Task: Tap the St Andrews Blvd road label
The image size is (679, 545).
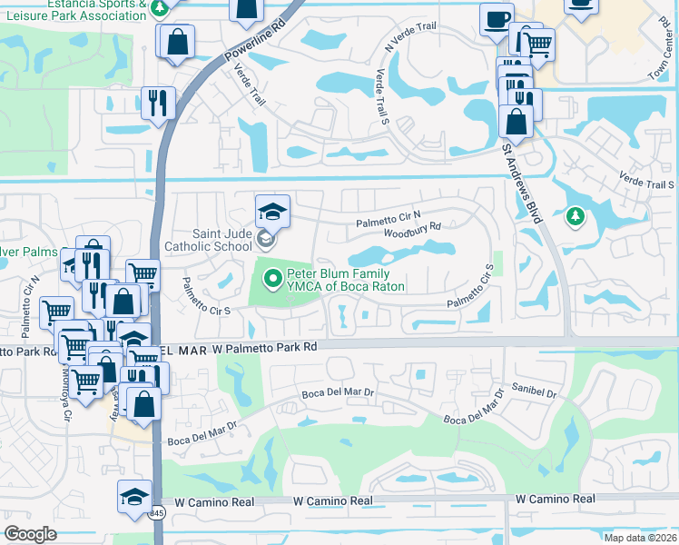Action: coord(522,183)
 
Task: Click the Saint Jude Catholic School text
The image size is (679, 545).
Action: coord(209,240)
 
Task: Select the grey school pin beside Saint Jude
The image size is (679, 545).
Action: coord(265,240)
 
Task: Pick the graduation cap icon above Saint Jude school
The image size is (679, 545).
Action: coord(272,212)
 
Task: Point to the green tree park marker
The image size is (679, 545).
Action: coord(574,216)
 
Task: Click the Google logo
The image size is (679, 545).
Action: coord(30,534)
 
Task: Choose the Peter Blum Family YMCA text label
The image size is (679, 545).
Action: coord(346,280)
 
